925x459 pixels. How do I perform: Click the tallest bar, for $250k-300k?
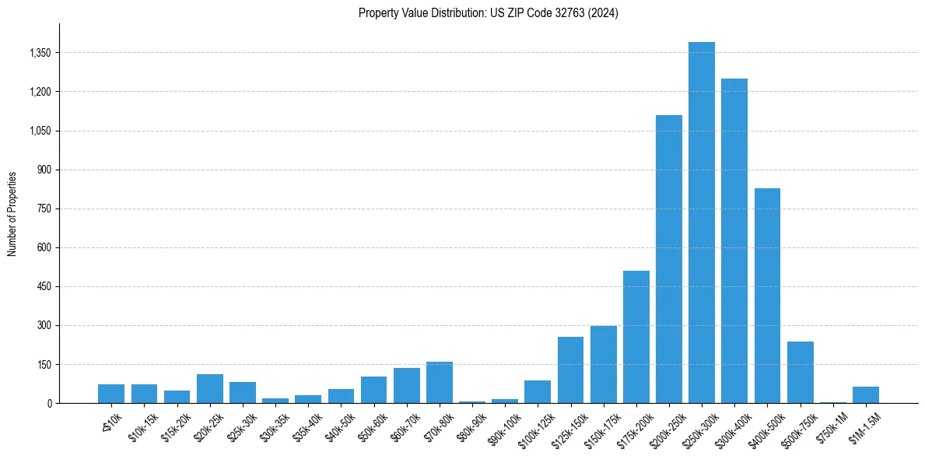pyautogui.click(x=701, y=222)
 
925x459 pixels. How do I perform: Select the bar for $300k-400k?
pyautogui.click(x=734, y=240)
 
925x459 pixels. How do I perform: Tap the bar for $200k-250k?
pyautogui.click(x=668, y=259)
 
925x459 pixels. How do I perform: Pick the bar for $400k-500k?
pyautogui.click(x=767, y=296)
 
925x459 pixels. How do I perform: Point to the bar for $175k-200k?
pyautogui.click(x=636, y=337)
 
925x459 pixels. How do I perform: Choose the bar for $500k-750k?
pyautogui.click(x=800, y=372)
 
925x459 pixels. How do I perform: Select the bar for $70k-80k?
pyautogui.click(x=439, y=382)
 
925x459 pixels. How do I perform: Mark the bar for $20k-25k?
pyautogui.click(x=209, y=388)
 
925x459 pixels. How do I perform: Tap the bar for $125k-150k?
pyautogui.click(x=570, y=370)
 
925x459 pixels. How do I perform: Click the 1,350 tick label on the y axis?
pyautogui.click(x=40, y=53)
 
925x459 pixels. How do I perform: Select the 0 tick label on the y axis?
pyautogui.click(x=49, y=403)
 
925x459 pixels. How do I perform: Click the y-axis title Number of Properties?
pyautogui.click(x=12, y=214)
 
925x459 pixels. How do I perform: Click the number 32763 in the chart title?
pyautogui.click(x=555, y=13)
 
